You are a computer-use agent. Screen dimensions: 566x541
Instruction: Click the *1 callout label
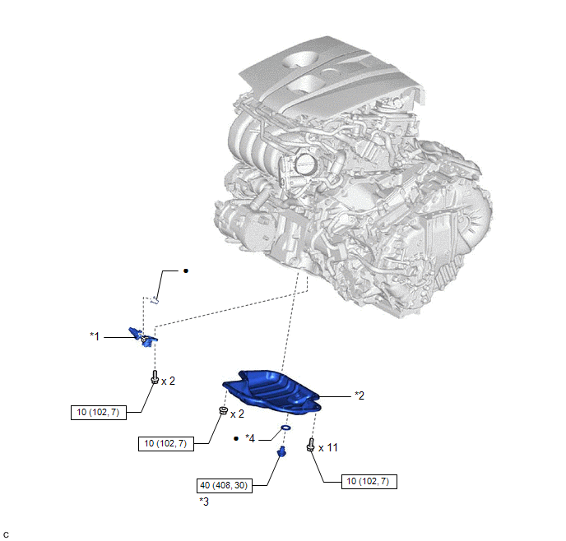click(95, 336)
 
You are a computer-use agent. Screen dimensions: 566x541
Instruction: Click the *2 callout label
click(360, 395)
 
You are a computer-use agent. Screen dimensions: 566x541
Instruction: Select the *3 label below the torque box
click(204, 502)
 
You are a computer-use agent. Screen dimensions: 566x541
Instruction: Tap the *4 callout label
click(250, 438)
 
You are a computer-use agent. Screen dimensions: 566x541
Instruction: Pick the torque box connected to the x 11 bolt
click(369, 482)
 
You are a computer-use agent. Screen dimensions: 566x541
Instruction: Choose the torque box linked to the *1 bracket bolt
click(99, 412)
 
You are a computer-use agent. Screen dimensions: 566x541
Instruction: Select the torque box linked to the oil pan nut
click(166, 444)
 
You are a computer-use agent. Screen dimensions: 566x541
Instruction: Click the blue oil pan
click(271, 392)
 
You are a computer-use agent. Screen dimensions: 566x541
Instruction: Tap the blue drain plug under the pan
click(281, 451)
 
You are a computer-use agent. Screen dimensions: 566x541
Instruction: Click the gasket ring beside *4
click(286, 428)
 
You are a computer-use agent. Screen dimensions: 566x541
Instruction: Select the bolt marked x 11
click(310, 444)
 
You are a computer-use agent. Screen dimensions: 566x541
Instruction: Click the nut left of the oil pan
click(224, 410)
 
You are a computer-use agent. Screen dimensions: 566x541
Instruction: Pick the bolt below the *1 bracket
click(155, 377)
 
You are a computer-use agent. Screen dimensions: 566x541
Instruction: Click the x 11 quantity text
click(327, 448)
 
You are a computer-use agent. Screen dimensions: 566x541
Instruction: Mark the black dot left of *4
click(236, 438)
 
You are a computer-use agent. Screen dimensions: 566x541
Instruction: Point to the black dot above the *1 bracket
click(186, 270)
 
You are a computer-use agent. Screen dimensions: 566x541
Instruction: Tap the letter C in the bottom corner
click(6, 535)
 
